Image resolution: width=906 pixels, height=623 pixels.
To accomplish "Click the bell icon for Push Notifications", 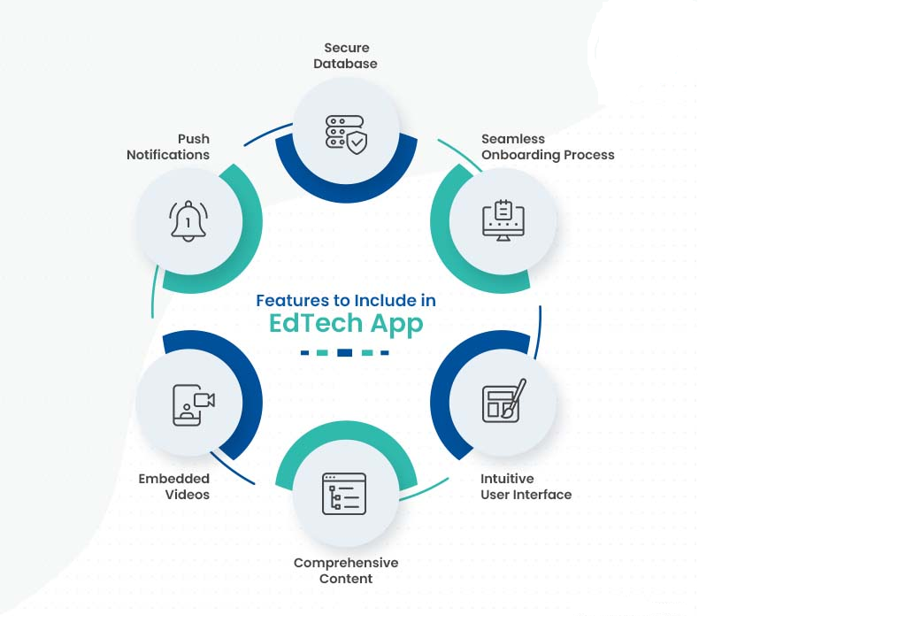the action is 188,221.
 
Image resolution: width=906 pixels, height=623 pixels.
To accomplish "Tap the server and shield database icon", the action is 346,135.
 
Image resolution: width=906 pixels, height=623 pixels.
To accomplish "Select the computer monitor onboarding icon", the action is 503,220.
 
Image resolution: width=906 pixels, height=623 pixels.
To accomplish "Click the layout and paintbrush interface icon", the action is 503,401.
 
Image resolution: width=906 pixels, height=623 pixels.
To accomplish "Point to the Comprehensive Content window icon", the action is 344,494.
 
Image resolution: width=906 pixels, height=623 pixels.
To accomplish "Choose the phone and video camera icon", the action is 194,404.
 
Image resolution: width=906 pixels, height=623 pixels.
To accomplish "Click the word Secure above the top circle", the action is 347,48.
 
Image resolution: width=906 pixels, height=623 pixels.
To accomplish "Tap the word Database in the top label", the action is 346,64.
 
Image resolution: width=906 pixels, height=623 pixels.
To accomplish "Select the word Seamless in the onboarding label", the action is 513,139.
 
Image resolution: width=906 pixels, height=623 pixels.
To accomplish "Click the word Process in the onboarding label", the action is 588,155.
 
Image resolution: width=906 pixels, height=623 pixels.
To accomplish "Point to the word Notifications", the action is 168,155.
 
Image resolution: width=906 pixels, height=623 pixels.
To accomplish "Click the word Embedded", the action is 174,479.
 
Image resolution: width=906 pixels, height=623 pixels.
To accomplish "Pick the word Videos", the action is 188,495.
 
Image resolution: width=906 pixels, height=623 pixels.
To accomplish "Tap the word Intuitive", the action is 507,479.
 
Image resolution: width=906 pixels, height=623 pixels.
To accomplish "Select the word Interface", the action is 542,495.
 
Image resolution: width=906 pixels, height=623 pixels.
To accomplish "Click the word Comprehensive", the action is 346,563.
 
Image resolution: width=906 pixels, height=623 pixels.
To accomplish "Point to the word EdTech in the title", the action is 316,323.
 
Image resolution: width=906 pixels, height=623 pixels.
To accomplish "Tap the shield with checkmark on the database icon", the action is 357,142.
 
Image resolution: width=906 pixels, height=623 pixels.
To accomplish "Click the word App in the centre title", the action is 397,325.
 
